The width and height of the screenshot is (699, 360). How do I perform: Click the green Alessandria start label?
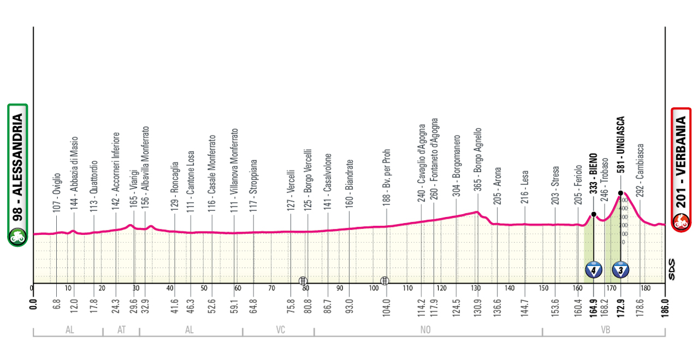pos(17,174)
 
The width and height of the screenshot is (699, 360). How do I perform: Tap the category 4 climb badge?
pos(594,270)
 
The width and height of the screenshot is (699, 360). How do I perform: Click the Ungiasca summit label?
pos(621,150)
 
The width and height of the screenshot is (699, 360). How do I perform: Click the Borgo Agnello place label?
pos(478,160)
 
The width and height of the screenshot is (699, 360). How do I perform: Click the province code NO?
pos(426,330)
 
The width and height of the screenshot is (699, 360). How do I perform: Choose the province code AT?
pos(121,330)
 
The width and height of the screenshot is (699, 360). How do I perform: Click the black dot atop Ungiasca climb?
pos(621,194)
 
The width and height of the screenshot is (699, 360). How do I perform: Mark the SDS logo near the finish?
pos(673,270)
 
